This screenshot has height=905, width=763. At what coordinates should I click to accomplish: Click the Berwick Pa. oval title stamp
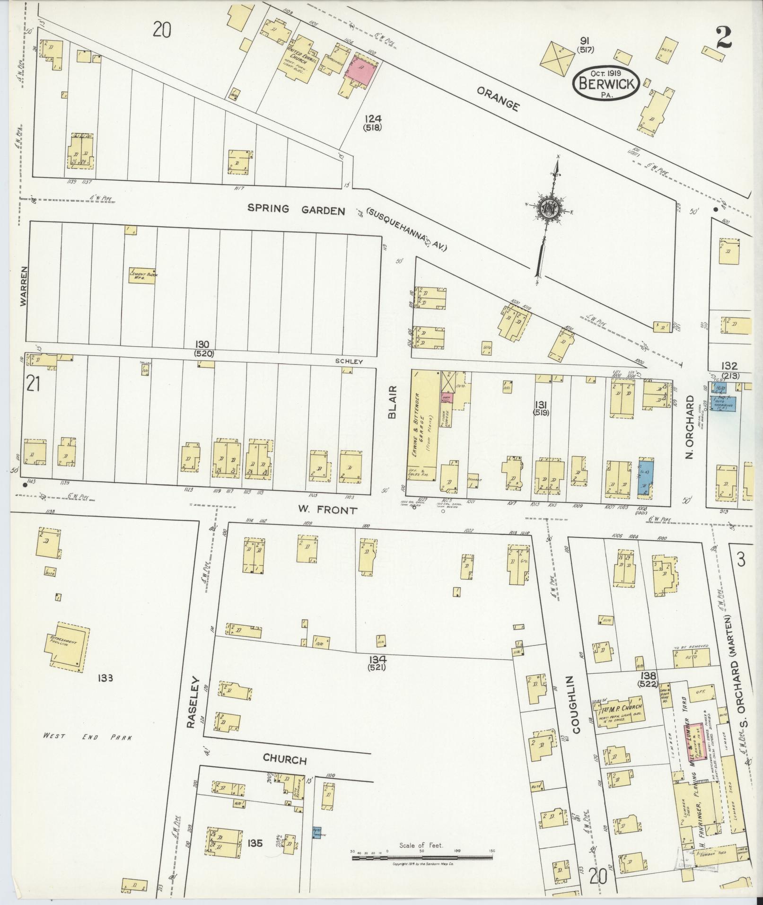coord(607,84)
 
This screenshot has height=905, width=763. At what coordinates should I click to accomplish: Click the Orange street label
coord(498,98)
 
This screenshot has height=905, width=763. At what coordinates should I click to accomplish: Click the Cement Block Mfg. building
coord(142,276)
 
